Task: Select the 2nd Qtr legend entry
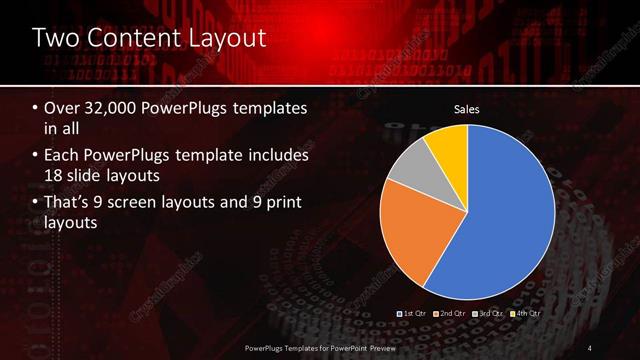(x=451, y=313)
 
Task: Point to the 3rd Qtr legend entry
(x=488, y=313)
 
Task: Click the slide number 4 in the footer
(x=590, y=346)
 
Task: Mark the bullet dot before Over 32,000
(x=36, y=108)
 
